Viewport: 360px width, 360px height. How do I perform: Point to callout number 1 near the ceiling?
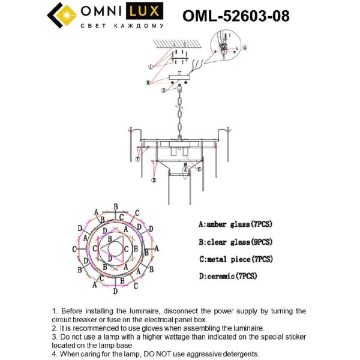[150, 67]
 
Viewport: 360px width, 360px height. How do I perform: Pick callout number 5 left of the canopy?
[148, 82]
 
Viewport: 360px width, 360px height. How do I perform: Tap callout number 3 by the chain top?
[163, 91]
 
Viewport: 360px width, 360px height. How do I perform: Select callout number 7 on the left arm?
[137, 160]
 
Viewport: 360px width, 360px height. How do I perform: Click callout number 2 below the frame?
[154, 180]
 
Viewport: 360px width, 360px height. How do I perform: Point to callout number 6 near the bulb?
[199, 170]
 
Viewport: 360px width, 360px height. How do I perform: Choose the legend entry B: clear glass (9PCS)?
[235, 242]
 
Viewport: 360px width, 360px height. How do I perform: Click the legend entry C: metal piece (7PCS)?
[235, 259]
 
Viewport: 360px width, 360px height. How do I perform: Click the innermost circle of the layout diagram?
[114, 248]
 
